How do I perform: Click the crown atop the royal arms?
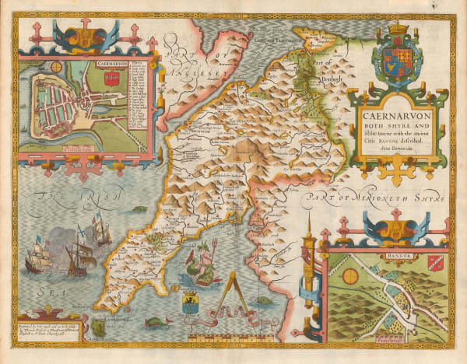point(398,31)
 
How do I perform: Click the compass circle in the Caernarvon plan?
point(57,68)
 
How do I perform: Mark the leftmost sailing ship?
point(37,260)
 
